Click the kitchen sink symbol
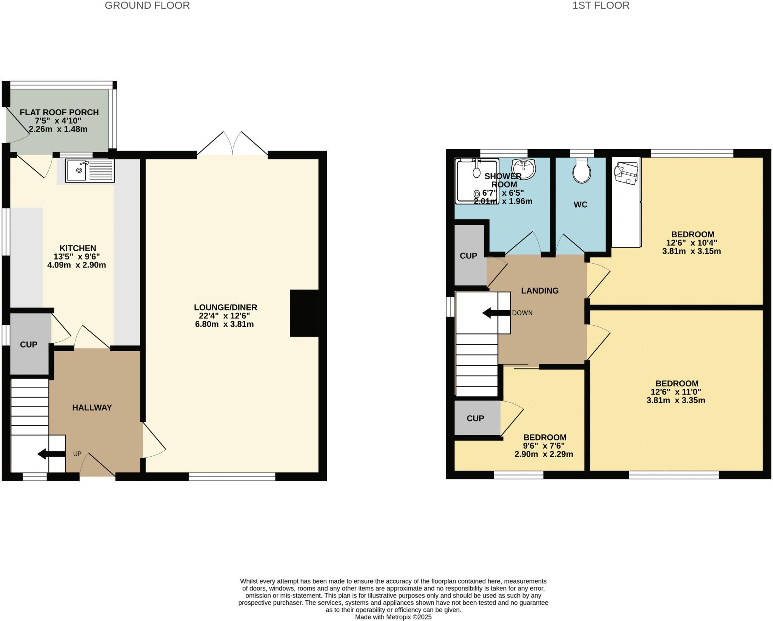coord(89,170)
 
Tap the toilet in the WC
coord(582,172)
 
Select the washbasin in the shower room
coord(524,168)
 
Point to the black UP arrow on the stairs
coord(51,454)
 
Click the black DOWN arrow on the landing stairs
coord(496,313)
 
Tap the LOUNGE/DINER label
coord(225,307)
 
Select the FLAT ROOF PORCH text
coord(59,112)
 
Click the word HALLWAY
coord(92,408)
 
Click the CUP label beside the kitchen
coord(29,344)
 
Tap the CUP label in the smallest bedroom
coord(475,419)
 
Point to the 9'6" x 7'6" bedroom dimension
coord(544,446)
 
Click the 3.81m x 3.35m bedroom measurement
coord(676,400)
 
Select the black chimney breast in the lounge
coord(304,313)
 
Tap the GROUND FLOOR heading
coord(147,6)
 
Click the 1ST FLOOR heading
coord(601,6)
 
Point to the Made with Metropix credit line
coord(393,617)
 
